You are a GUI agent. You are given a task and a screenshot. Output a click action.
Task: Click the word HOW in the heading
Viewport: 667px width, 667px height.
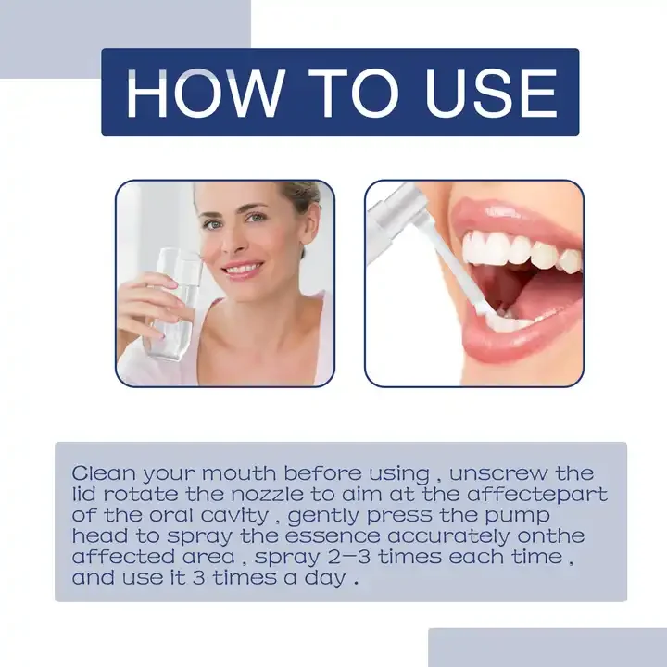pos(201,93)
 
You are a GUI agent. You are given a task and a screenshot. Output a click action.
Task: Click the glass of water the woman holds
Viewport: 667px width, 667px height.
pos(172,306)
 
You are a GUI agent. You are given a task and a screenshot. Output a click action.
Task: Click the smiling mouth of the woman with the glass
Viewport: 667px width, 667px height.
pos(244,269)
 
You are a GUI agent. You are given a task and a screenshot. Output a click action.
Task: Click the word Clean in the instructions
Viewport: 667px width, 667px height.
pos(100,473)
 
